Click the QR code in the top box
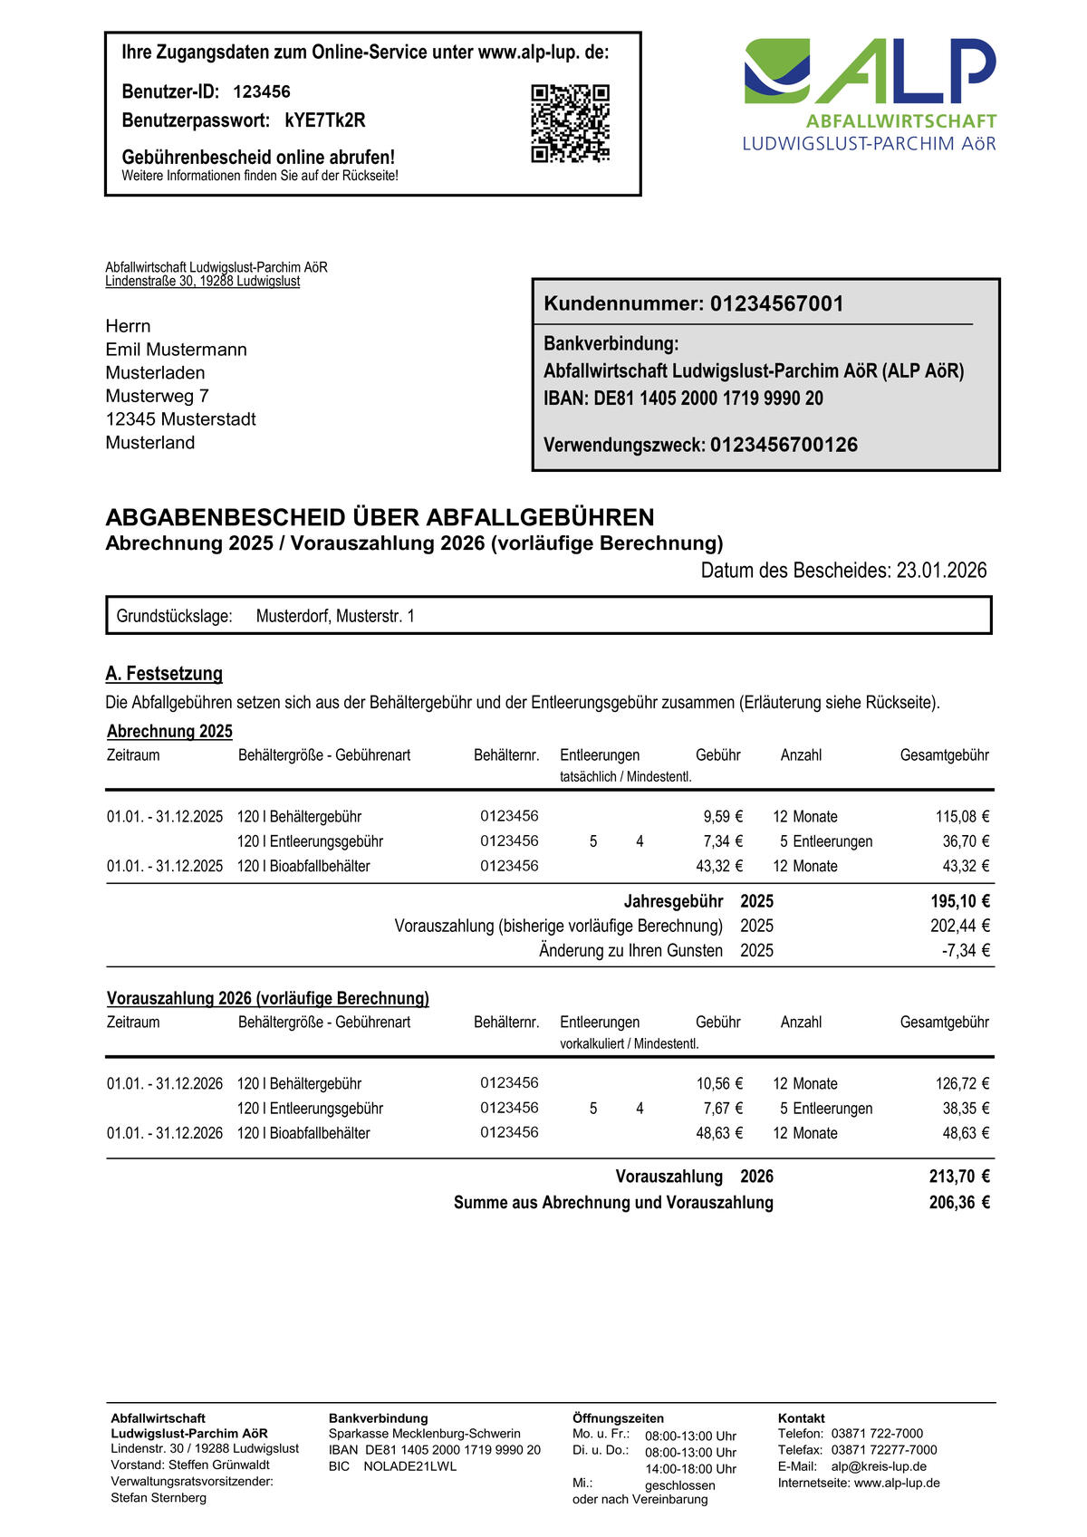[x=570, y=124]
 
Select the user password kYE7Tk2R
[x=325, y=120]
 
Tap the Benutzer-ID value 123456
[x=262, y=91]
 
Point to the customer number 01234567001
[x=776, y=304]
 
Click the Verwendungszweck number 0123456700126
[x=784, y=445]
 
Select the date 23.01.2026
[x=941, y=571]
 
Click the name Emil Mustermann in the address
[x=176, y=350]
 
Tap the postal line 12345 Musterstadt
[x=180, y=419]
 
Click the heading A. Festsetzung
[x=164, y=674]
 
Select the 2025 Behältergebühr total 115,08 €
[x=962, y=817]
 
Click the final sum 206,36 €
[x=959, y=1203]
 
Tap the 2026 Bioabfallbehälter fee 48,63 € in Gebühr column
[x=719, y=1133]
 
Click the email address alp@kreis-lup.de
[x=879, y=1466]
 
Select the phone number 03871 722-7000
[x=877, y=1434]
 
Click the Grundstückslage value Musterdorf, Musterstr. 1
[x=335, y=617]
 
